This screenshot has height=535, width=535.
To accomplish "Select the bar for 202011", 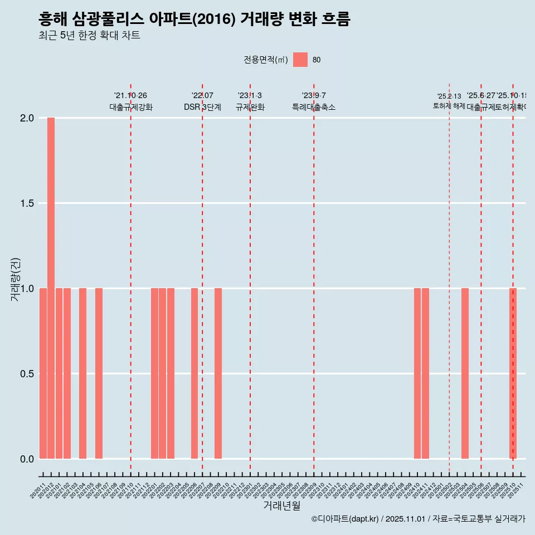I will [x=43, y=373].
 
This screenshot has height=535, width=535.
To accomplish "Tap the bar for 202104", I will [x=82, y=373].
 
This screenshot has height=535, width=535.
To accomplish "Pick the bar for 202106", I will [x=99, y=373].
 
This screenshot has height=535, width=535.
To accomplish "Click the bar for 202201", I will [x=154, y=373].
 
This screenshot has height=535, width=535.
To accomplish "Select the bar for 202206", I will [x=194, y=373].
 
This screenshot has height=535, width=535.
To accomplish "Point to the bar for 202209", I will [x=218, y=373].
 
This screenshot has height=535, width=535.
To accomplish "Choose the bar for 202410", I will [x=417, y=373].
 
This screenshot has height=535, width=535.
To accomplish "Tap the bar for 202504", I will [x=465, y=373].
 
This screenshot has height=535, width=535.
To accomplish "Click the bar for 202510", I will [x=513, y=373].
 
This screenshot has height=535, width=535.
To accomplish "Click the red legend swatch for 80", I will [x=300, y=60].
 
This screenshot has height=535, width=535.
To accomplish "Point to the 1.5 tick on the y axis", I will [x=27, y=203].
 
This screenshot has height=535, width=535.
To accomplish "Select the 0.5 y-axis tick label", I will [x=27, y=373].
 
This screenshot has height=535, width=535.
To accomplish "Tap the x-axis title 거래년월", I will [x=281, y=506].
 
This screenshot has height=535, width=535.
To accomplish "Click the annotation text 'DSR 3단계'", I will [x=202, y=108].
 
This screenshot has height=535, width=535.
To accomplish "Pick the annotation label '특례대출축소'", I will [x=314, y=108].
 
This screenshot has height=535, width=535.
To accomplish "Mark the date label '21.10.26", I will [x=130, y=96].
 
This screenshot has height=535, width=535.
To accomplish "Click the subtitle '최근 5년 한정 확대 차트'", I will [x=89, y=36].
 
